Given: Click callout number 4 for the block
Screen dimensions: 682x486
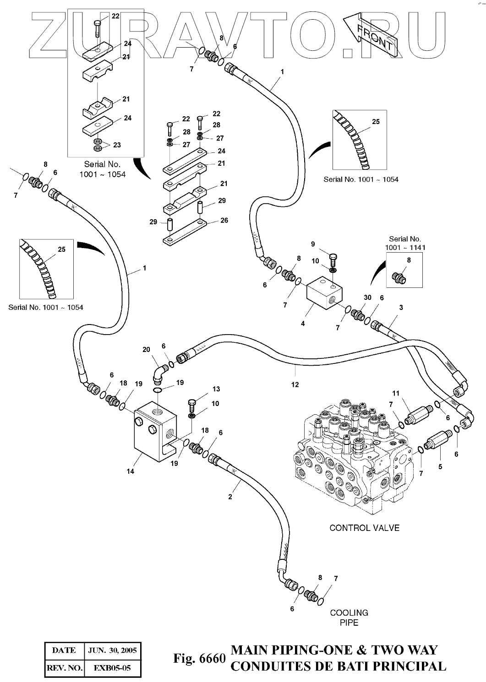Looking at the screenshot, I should pos(303,324).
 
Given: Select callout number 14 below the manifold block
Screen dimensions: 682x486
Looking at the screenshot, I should pos(131,471).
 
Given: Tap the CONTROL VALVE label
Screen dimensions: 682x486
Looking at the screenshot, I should pos(364,528).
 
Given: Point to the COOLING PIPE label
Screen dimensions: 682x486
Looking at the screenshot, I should pos(349,617).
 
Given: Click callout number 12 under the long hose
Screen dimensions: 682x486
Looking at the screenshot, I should pos(295,384).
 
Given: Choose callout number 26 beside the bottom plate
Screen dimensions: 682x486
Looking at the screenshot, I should pos(224,220).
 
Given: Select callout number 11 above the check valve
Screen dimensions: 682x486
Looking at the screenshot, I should pos(396,393).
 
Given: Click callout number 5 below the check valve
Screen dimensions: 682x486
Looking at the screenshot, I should pos(440,467).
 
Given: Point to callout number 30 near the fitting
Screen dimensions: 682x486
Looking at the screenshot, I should pos(367,298).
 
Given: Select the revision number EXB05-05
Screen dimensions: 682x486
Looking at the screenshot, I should pos(112,668).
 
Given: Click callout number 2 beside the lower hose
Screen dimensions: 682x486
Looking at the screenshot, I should pos(230,497).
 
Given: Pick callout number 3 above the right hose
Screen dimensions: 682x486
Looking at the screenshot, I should pos(401,308).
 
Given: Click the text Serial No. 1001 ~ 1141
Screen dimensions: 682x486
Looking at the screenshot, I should pos(405,243).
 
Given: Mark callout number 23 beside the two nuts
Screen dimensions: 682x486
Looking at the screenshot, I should pos(117,145).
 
